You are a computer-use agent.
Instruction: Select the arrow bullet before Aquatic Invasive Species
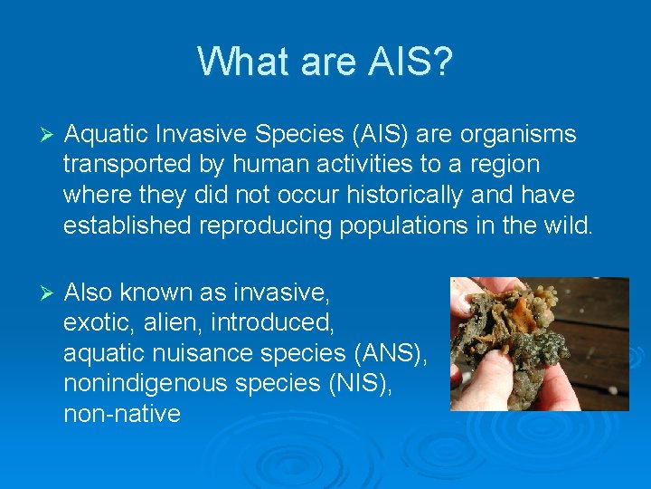[x=50, y=135]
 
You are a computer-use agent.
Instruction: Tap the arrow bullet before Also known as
[x=50, y=293]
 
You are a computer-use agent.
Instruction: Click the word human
[x=259, y=165]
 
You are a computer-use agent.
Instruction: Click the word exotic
[x=93, y=323]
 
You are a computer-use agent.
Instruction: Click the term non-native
[x=122, y=415]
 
